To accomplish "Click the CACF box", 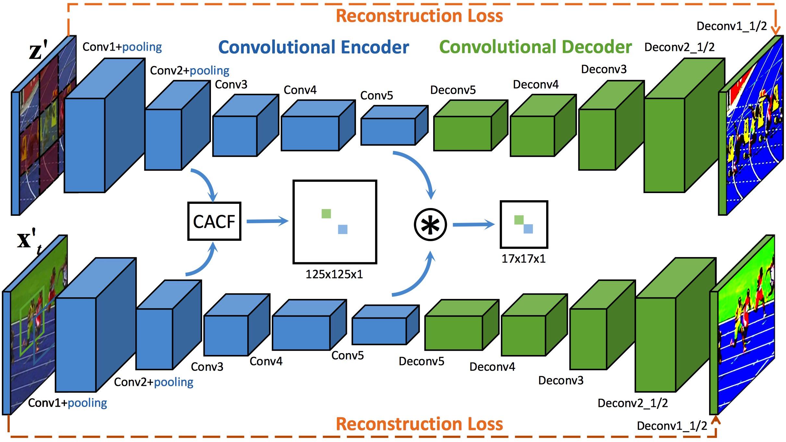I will click(x=214, y=221).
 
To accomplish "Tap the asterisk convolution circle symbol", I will click(x=430, y=225).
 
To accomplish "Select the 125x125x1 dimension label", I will click(x=334, y=275).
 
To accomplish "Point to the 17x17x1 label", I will click(x=523, y=259).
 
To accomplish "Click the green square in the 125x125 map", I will click(x=326, y=214).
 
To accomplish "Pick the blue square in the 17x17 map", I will click(x=528, y=229).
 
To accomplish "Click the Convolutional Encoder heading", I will click(x=313, y=47).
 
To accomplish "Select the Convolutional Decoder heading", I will click(x=535, y=47).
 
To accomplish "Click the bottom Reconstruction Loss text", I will click(x=419, y=424).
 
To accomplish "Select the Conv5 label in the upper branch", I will click(x=376, y=95).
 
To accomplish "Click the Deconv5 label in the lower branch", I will click(x=421, y=361).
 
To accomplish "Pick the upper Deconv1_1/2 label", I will click(x=731, y=26).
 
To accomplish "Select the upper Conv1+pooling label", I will click(x=122, y=47).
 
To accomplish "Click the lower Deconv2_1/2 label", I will click(x=632, y=403).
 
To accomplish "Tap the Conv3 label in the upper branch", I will click(x=231, y=85).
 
